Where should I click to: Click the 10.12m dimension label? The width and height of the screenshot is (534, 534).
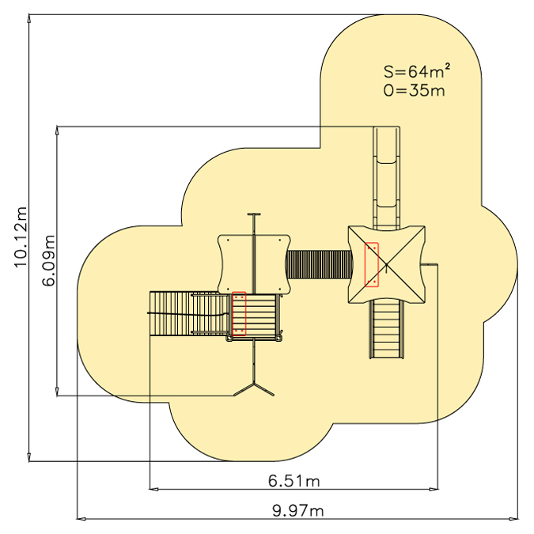click(20, 237)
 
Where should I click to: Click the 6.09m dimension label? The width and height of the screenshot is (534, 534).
click(48, 260)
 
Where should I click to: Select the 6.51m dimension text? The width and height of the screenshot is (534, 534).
click(294, 481)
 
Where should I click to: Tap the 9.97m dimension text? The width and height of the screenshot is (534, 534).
click(298, 511)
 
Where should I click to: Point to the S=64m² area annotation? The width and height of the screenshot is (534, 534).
click(417, 71)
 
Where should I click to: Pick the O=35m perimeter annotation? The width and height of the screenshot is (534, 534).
click(414, 90)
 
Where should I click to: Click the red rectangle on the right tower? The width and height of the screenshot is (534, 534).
click(372, 264)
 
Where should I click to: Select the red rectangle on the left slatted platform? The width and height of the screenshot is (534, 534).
click(239, 313)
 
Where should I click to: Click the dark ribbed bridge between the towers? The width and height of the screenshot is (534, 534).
click(319, 264)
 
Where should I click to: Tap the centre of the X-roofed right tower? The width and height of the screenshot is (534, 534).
click(387, 264)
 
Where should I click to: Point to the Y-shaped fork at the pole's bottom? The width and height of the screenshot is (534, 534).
click(254, 388)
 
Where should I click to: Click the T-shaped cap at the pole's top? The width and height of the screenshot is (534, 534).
click(254, 214)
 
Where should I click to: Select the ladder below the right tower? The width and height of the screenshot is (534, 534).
click(387, 329)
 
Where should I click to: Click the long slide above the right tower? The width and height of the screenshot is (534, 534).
click(387, 177)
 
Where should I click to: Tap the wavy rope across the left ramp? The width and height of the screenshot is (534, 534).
click(188, 314)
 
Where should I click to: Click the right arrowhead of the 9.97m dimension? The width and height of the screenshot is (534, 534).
click(514, 519)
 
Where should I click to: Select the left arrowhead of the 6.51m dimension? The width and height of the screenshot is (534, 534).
click(154, 490)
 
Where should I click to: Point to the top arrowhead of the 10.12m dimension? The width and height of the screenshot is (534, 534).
click(29, 19)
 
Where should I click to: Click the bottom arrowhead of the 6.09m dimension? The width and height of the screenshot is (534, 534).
click(57, 392)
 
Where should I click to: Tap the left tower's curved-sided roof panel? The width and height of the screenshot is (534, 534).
click(254, 264)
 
